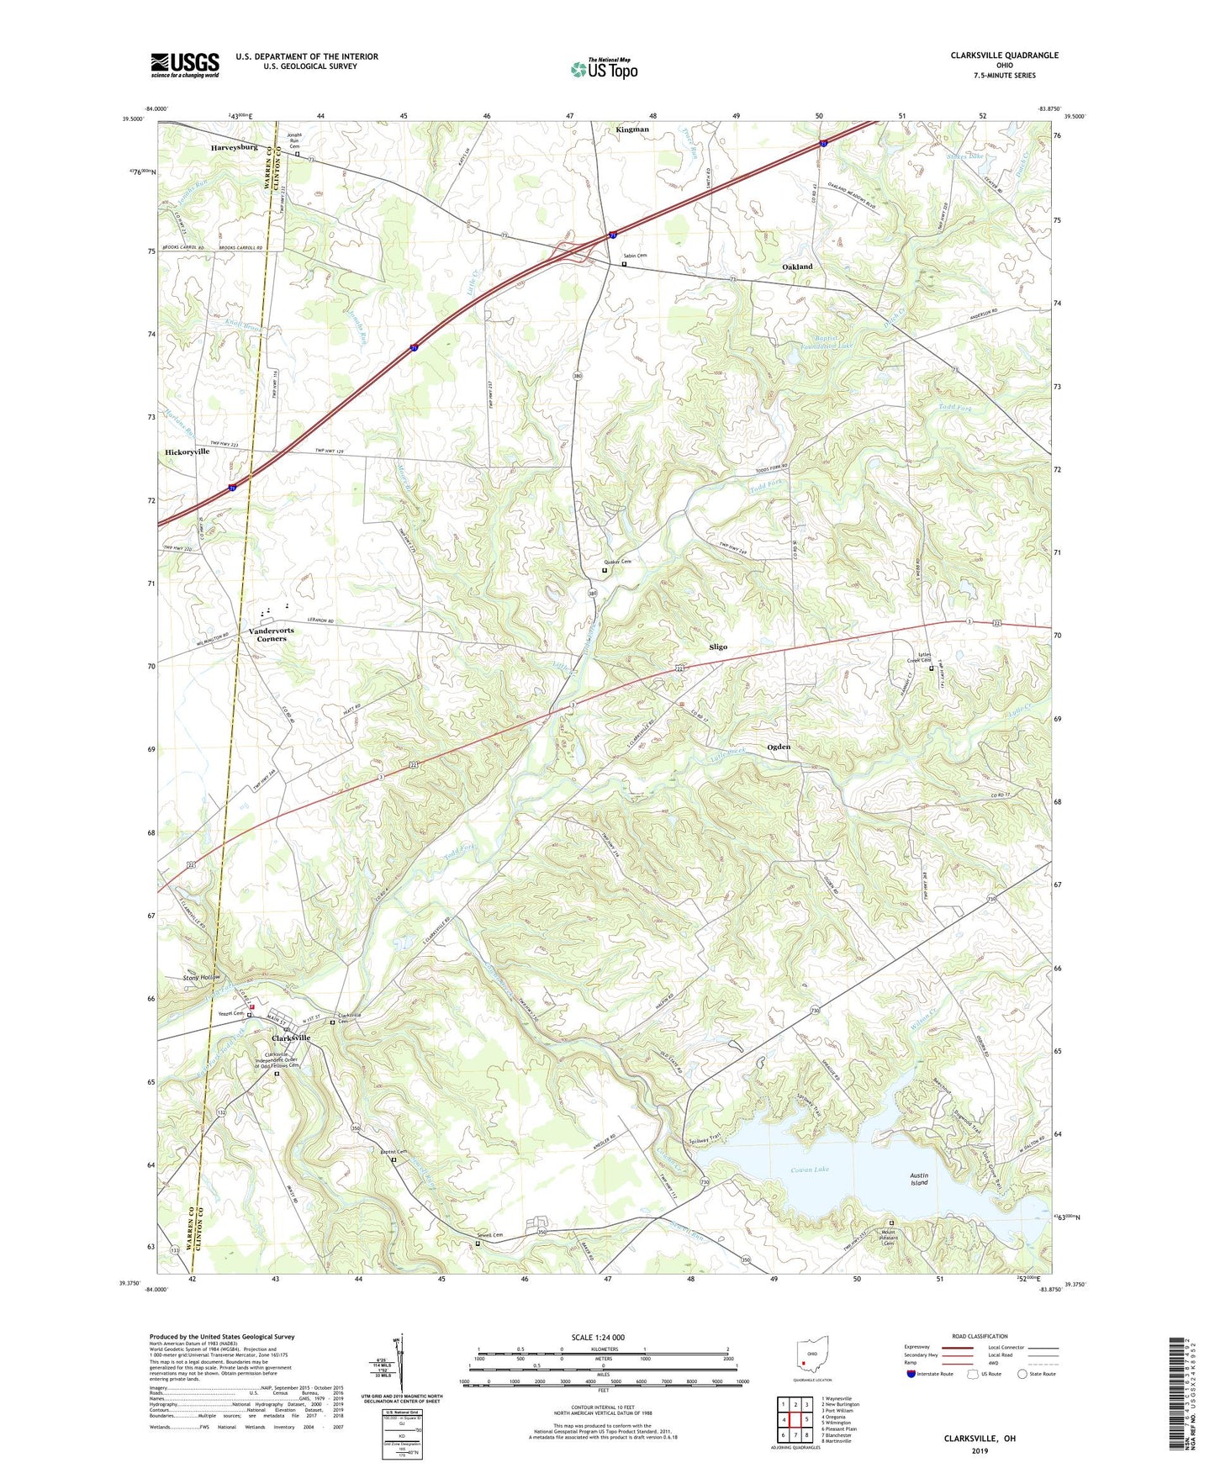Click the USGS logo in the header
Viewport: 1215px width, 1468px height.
(185, 65)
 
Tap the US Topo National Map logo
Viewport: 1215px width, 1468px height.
(604, 68)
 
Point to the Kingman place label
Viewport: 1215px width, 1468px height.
(632, 129)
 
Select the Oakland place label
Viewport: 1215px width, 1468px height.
(797, 267)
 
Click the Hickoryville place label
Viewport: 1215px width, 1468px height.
(187, 451)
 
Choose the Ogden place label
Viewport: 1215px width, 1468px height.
(778, 747)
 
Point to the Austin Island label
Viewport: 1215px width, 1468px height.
(919, 1179)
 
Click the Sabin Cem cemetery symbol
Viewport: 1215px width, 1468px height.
(624, 264)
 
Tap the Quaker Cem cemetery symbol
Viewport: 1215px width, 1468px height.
(605, 571)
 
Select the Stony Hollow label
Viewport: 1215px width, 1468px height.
(201, 978)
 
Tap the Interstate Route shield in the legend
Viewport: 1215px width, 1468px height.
(911, 1374)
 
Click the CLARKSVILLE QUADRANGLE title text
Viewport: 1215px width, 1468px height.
(1004, 55)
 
